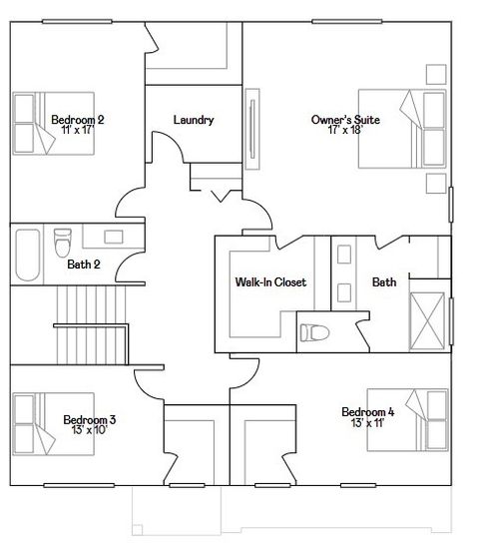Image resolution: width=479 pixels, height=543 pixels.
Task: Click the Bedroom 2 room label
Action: coord(77,119)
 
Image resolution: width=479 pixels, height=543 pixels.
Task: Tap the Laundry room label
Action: coord(193,120)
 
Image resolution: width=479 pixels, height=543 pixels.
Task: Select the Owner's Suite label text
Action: coord(345,119)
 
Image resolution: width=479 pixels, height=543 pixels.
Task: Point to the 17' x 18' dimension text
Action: coord(345,131)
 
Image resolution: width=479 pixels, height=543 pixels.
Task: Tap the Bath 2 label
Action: coord(83,265)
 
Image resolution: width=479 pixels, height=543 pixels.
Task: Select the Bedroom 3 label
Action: coord(90,419)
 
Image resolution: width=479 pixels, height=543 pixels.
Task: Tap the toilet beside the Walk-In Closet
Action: coord(315,332)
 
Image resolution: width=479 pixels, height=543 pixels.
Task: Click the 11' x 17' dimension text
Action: coord(77,131)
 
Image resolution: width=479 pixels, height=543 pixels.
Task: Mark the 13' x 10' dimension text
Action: coord(90,430)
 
